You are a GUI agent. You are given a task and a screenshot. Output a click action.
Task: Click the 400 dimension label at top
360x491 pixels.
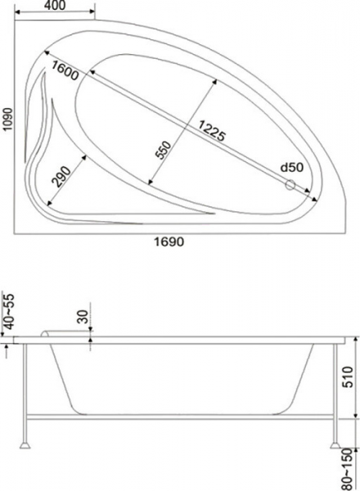tap(55, 5)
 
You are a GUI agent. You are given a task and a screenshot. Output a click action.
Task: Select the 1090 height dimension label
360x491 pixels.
tap(7, 119)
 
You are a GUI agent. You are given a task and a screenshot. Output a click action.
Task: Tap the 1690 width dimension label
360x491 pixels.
tap(169, 241)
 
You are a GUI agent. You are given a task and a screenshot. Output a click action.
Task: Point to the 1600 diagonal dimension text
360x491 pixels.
tap(64, 70)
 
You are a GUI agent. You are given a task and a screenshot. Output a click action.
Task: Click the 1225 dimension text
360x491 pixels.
tap(211, 131)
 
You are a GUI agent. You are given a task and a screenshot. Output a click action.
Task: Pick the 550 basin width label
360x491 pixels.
tap(164, 150)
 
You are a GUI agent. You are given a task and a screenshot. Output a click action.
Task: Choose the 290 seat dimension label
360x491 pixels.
tap(61, 177)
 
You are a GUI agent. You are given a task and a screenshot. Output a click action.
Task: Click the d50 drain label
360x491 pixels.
tap(292, 168)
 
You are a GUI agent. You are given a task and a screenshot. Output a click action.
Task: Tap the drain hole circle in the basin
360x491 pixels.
tap(290, 185)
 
